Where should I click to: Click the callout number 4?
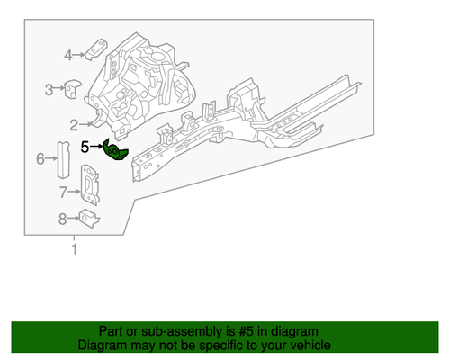[67, 56]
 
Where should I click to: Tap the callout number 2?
[74, 124]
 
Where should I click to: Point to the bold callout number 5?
[85, 145]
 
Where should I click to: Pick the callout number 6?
[40, 159]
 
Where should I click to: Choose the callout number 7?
[63, 191]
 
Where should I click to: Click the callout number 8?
[62, 218]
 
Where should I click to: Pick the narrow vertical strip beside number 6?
[63, 159]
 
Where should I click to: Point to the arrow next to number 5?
[97, 146]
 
